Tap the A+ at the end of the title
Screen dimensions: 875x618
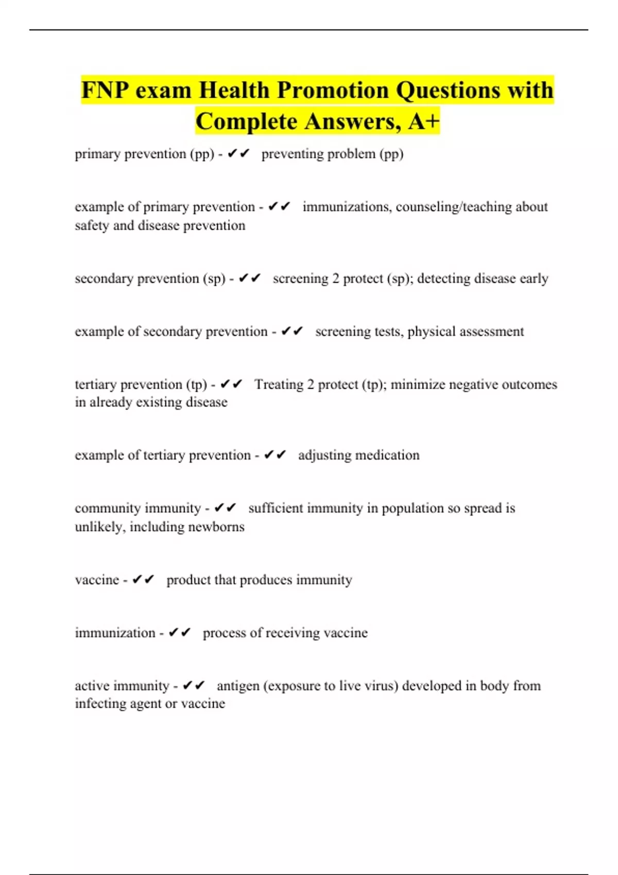click(424, 122)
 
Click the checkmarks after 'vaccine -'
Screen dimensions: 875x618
click(143, 580)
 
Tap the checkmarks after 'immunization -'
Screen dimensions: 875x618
click(179, 633)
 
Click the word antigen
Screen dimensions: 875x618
click(238, 686)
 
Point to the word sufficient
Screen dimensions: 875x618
click(276, 509)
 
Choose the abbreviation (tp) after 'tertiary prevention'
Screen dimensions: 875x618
click(196, 385)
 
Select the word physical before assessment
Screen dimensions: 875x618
click(431, 332)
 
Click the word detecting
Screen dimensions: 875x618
click(443, 278)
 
